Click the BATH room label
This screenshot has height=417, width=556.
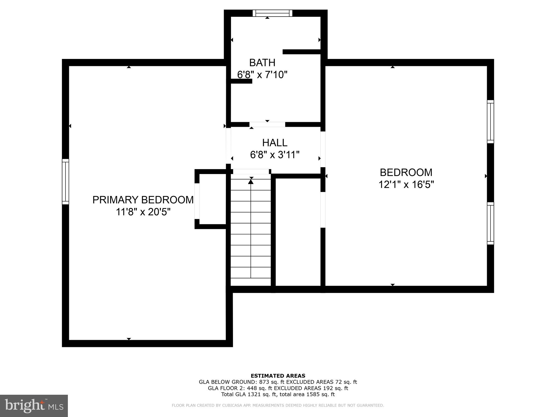262,63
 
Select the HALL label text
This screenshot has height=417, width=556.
274,143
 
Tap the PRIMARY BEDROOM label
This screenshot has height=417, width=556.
143,200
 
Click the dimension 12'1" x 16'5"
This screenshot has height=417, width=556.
406,185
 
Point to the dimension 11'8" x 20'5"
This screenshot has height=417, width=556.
143,212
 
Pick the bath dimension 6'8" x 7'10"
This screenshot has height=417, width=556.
262,75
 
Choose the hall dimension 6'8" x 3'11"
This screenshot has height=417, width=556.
274,155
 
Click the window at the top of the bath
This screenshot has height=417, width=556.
272,13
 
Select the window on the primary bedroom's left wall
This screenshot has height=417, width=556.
65,181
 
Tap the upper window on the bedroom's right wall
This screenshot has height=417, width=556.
490,121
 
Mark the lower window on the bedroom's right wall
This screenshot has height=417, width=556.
490,223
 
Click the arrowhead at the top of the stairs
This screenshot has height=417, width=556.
251,181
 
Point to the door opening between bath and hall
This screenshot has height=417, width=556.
267,125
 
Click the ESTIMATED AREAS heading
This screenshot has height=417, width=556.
278,376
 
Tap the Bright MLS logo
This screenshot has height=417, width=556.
34,406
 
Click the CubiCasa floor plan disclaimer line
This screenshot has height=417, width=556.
278,406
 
